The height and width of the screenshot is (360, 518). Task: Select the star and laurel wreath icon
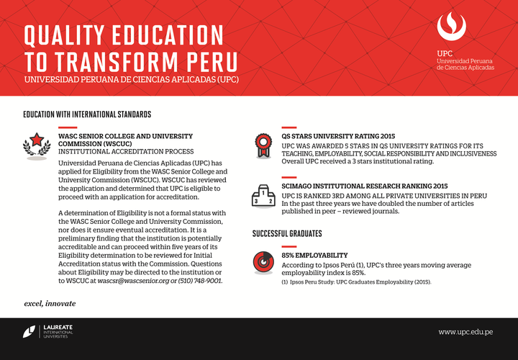tap(35, 143)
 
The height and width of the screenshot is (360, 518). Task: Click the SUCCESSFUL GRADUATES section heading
tap(286, 234)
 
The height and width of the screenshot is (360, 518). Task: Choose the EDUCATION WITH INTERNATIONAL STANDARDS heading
tap(87, 114)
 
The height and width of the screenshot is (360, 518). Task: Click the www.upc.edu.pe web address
tap(465, 332)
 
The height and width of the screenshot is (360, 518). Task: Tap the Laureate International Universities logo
tap(47, 332)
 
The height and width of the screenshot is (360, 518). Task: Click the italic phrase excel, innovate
tap(49, 303)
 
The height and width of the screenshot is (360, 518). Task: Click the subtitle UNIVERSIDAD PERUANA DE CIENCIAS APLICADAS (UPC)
tap(131, 78)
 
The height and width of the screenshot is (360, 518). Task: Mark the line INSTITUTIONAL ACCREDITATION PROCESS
tap(126, 152)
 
